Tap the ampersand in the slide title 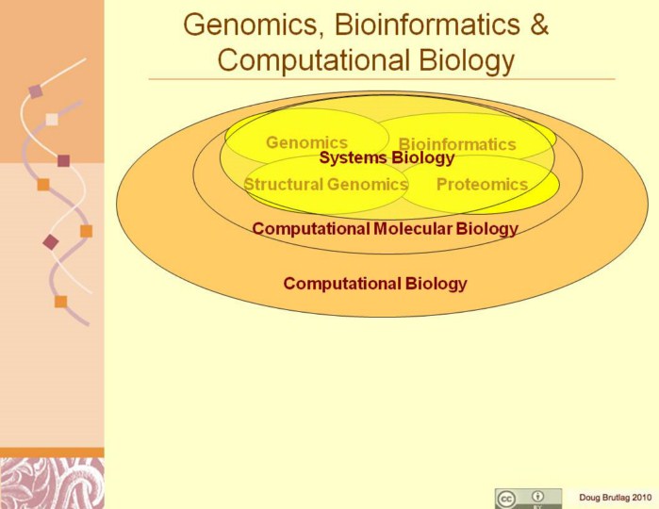click(x=538, y=25)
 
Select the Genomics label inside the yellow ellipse click(x=306, y=142)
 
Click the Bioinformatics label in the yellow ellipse click(x=457, y=144)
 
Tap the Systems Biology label click(x=387, y=158)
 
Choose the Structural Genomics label click(x=325, y=184)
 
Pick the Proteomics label click(x=482, y=184)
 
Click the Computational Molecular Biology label click(x=385, y=228)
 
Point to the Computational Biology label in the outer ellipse click(x=375, y=283)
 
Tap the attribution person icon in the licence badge click(x=538, y=496)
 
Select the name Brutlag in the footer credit click(x=616, y=497)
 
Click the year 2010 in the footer click(x=642, y=497)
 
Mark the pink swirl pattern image click(x=52, y=484)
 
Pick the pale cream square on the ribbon click(x=52, y=120)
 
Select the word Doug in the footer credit click(x=589, y=497)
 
